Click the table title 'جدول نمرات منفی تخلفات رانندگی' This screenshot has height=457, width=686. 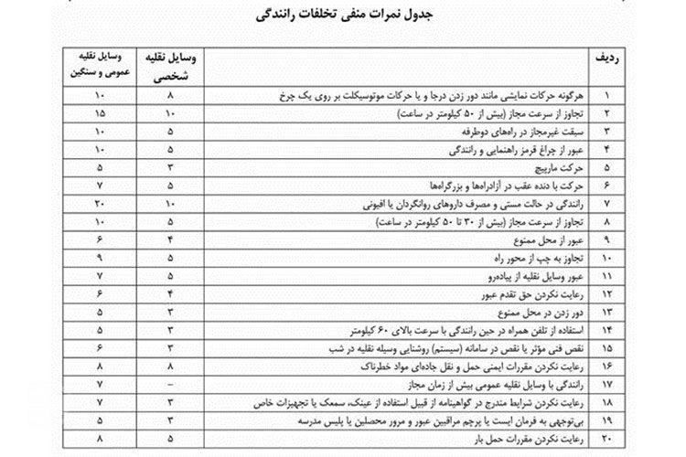point(343,16)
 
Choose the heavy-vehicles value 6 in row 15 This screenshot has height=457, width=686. point(98,350)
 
